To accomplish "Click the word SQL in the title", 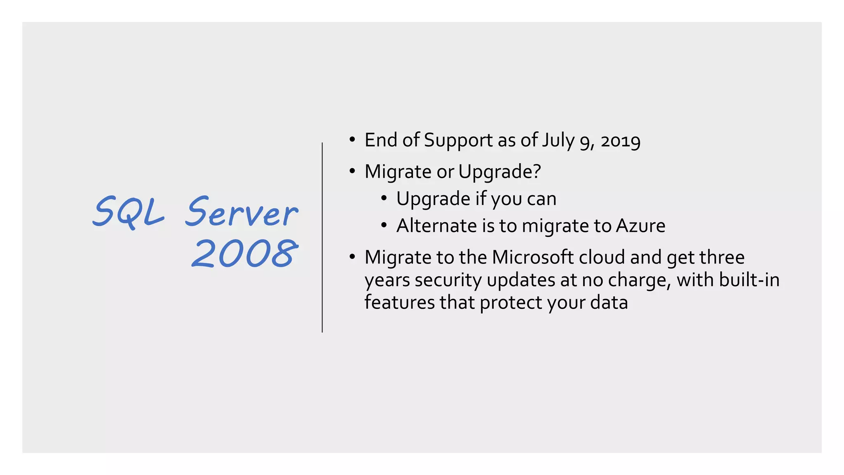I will (129, 212).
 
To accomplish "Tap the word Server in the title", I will (241, 212).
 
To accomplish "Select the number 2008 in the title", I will (245, 254).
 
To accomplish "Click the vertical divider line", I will (322, 237).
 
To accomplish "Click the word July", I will (558, 140).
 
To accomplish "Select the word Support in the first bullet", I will (458, 140).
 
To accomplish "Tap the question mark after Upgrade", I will (537, 171).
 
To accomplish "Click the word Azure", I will (640, 226).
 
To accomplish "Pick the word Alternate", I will (436, 226).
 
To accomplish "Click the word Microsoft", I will (532, 257).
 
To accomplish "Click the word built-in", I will (749, 280).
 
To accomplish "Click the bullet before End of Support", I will (352, 140).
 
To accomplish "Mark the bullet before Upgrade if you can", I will (384, 198).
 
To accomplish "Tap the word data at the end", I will (609, 303).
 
